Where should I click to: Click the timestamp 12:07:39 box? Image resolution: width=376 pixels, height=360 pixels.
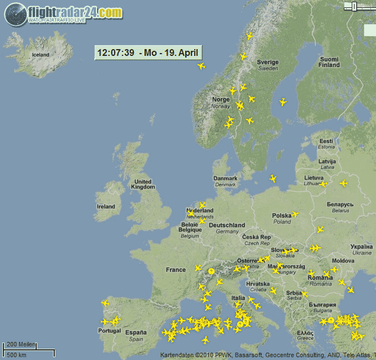coord(148,53)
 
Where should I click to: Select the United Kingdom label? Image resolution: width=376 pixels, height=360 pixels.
coord(142,185)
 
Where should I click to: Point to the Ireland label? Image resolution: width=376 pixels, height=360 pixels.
coord(106,207)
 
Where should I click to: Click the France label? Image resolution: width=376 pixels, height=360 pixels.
coord(176,270)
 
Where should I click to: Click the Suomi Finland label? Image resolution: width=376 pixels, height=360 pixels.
coord(329,62)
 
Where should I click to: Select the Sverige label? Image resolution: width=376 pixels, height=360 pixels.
coord(268,65)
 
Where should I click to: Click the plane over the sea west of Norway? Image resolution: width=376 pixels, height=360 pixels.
coord(201,66)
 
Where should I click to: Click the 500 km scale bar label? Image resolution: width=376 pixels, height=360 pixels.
coord(16,355)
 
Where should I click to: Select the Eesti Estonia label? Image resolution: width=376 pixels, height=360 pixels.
coord(326,143)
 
